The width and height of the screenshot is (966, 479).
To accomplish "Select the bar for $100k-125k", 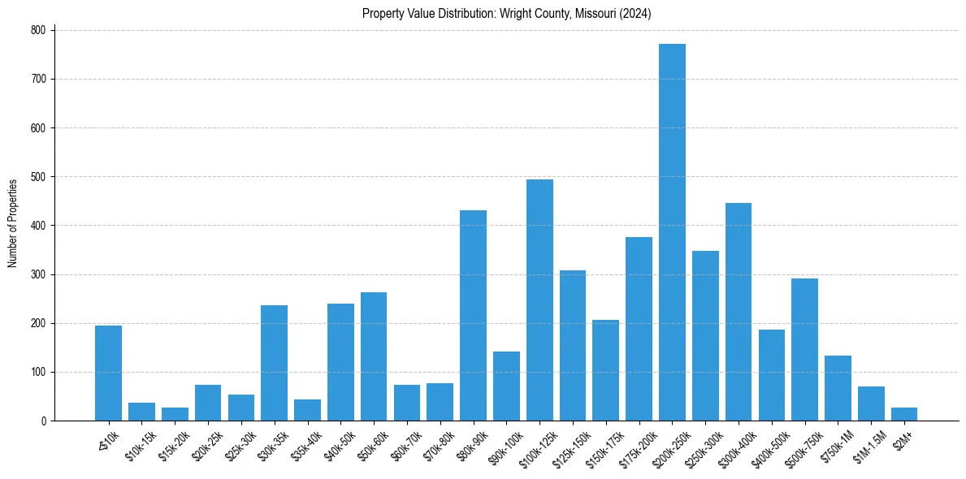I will coord(539,300).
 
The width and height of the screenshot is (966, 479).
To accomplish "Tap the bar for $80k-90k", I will coord(473,316).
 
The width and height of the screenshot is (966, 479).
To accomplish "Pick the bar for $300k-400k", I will coord(739,312).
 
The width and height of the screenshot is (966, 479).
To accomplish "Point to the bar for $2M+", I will coord(904,414).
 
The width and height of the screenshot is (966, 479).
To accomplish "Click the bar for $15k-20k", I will coord(175,414).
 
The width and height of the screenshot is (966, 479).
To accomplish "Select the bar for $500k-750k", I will coord(804,350).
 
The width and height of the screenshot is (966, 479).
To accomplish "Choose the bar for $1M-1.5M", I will coord(871,403).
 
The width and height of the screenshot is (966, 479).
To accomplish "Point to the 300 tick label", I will coord(40,274).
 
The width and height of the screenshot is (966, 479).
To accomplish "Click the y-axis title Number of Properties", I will coord(12,223).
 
